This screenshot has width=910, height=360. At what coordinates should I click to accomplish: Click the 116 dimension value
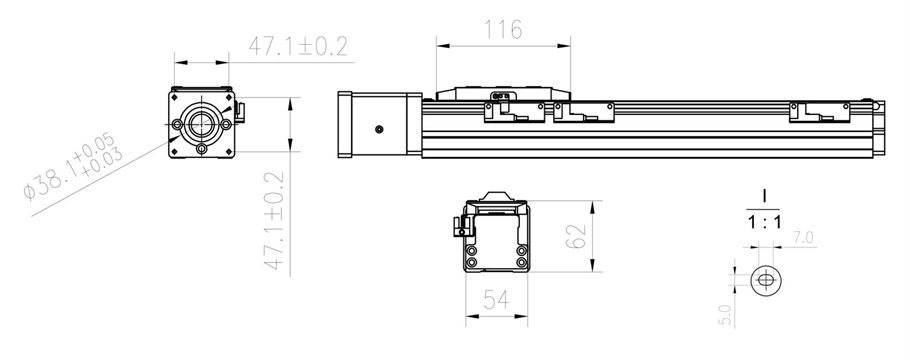[x=503, y=29]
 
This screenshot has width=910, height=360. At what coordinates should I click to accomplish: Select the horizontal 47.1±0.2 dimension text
[x=299, y=46]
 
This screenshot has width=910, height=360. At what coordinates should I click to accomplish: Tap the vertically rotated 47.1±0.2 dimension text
[x=275, y=220]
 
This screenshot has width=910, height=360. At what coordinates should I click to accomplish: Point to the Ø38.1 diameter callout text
[x=73, y=165]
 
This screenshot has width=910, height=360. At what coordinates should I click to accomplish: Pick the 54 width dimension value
[x=496, y=300]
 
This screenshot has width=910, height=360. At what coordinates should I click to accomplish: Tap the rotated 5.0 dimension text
[x=725, y=315]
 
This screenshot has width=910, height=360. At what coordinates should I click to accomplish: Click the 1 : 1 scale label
[x=764, y=222]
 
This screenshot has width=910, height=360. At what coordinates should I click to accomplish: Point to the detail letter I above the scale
[x=764, y=197]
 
